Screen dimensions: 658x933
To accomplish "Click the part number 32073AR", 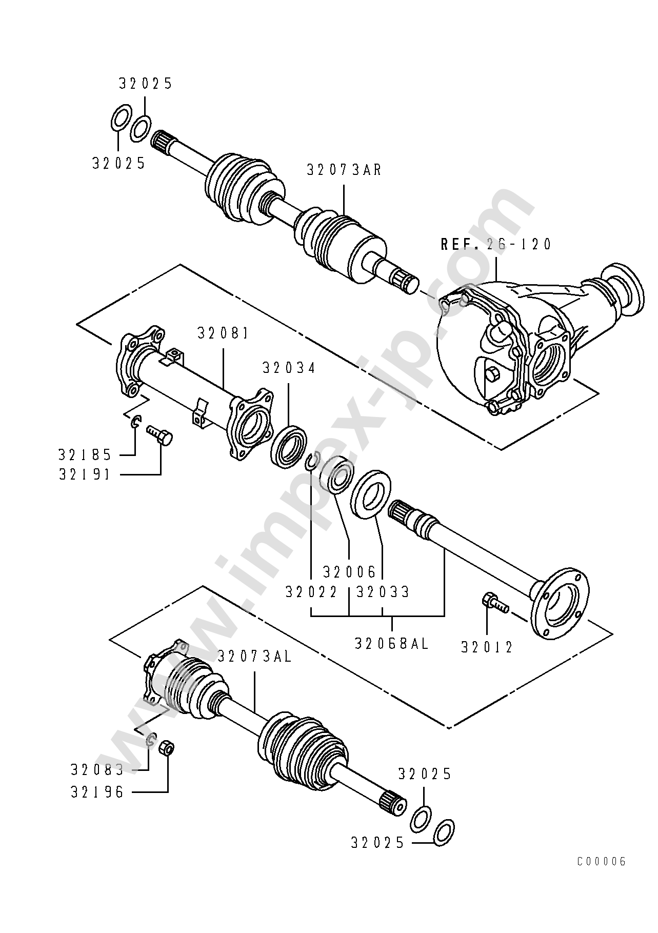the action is coord(344,170).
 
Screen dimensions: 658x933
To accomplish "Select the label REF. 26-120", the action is coord(496,244).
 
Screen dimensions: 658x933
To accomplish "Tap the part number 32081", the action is coord(223,333).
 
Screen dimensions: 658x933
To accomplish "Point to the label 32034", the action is coord(289,368).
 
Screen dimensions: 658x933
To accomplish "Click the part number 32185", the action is coord(85,454).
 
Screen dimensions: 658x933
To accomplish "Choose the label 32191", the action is coord(85,474).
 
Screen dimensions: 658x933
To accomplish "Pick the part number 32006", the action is coord(349,571).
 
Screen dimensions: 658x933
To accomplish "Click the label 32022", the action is coord(311,592).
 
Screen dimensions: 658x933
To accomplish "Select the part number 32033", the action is coord(383,592).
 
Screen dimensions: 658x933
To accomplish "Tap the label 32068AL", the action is coord(392,644).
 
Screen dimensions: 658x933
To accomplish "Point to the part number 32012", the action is coord(487,648).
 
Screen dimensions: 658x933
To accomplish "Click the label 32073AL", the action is coord(255,657).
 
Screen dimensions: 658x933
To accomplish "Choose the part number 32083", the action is coord(97,770).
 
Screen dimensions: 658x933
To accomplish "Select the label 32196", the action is coord(97,792).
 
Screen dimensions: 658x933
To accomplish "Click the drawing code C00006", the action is coord(602,862).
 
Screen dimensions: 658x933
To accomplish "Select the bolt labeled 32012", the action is coord(494,603).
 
